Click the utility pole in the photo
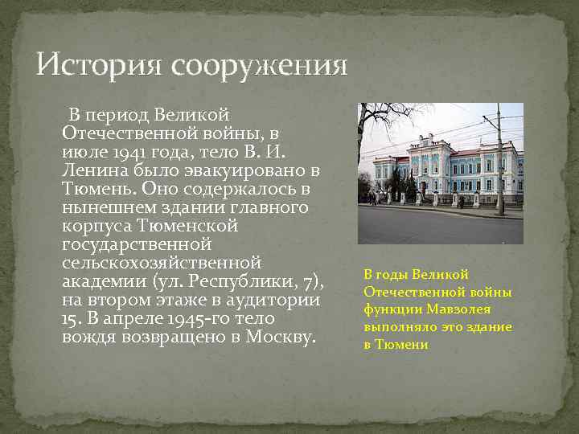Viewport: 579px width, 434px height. (499, 161)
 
